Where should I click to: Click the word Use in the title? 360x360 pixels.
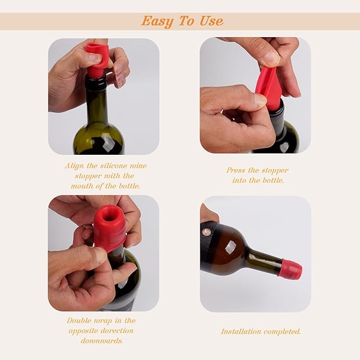coord(211,21)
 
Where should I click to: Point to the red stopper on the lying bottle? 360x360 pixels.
coord(291,269)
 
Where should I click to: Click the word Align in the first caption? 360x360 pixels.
coord(75,166)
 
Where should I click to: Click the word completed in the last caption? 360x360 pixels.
coord(283,331)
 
